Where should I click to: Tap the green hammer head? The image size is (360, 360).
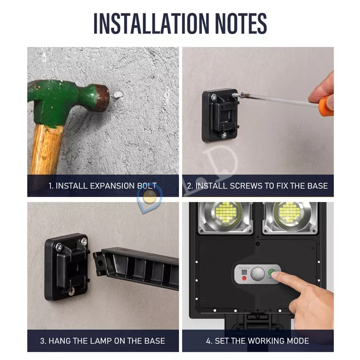click(x=67, y=101)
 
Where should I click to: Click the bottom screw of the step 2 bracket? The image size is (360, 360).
click(x=224, y=136)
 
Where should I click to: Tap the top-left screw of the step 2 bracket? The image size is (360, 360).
click(x=214, y=97)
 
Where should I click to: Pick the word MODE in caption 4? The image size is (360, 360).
click(x=298, y=341)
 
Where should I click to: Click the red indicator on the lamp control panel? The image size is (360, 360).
click(x=244, y=278)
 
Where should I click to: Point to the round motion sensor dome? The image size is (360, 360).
click(x=257, y=274)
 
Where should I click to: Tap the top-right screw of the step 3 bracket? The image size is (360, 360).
click(x=84, y=241)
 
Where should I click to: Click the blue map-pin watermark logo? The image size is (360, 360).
click(x=149, y=200)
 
